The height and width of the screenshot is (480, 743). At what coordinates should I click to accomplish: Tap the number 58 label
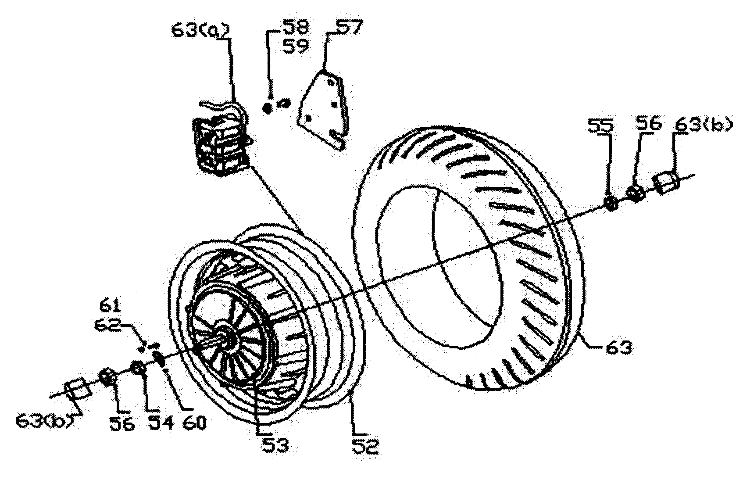pyautogui.click(x=295, y=27)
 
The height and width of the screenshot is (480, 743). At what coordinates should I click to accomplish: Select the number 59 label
pyautogui.click(x=295, y=46)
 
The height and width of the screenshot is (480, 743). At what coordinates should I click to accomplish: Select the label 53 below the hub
pyautogui.click(x=275, y=445)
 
